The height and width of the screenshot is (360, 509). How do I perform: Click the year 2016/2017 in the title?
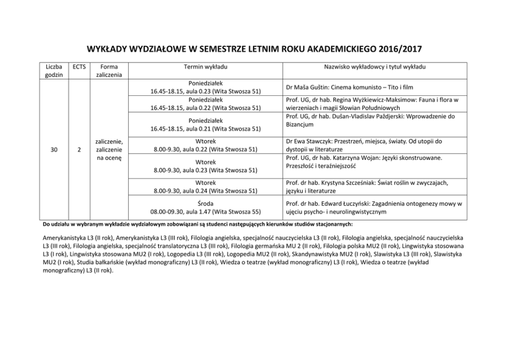click(400, 50)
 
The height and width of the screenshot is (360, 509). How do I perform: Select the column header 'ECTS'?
click(79, 67)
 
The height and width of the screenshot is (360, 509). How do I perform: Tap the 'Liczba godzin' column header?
click(54, 71)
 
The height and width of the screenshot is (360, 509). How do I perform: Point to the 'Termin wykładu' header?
click(205, 67)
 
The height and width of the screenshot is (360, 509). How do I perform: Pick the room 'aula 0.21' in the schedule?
click(201, 128)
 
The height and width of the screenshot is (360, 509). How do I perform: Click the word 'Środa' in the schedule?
click(205, 204)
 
